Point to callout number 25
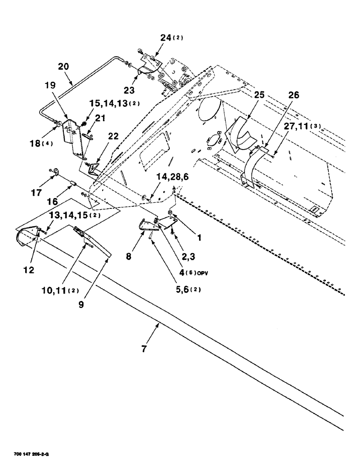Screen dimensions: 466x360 [259, 94]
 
